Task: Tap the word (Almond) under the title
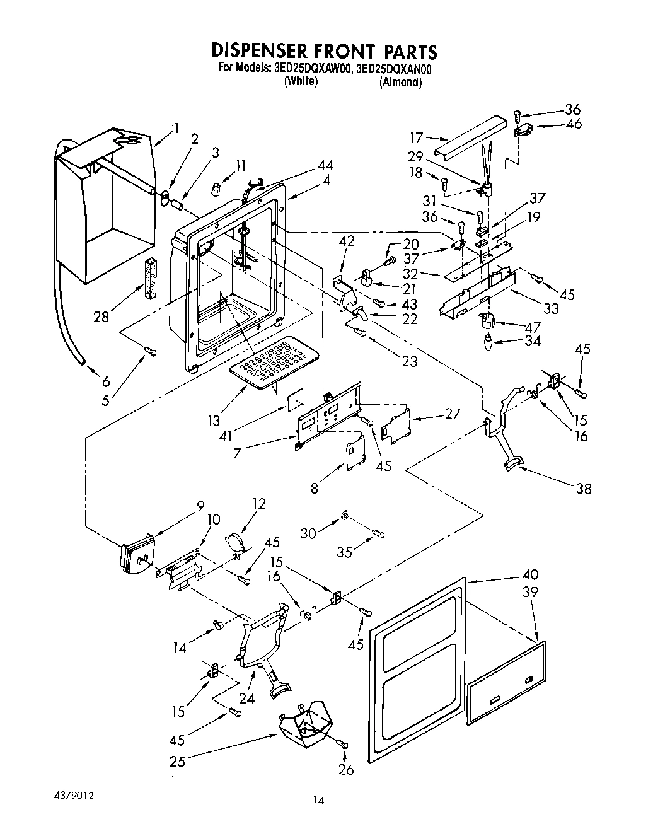click(400, 83)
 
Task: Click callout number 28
click(101, 317)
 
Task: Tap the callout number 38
click(584, 488)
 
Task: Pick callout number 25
click(178, 762)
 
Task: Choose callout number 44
click(326, 166)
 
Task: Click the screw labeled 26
click(344, 745)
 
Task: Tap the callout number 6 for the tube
click(105, 381)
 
